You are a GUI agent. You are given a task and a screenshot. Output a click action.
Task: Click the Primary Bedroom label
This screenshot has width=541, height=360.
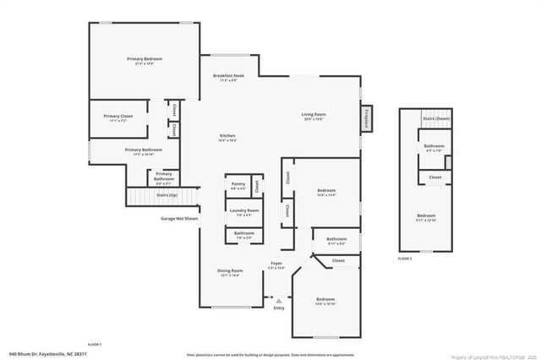tap(145, 60)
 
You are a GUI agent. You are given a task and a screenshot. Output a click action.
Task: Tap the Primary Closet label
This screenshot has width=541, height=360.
tap(118, 118)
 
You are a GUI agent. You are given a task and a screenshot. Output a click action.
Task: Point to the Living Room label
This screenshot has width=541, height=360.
tap(314, 116)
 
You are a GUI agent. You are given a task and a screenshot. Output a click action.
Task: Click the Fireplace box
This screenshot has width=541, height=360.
tap(367, 119)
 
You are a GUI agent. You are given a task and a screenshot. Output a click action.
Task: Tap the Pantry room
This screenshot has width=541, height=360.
tap(238, 186)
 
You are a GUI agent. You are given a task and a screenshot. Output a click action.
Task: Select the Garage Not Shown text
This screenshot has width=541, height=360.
tap(179, 219)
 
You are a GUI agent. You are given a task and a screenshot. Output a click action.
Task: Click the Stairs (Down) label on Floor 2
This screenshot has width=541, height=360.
tap(437, 119)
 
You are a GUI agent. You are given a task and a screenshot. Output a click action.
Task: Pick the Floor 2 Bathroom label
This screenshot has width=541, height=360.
tap(431, 148)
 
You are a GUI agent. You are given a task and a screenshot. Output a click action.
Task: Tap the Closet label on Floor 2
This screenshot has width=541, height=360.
tap(434, 177)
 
